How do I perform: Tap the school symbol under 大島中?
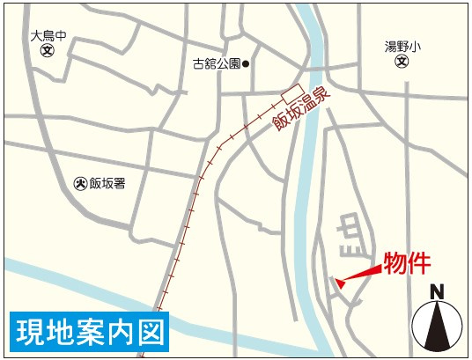pos(47,51)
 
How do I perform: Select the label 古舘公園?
pos(217,63)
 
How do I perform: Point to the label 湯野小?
pos(403,47)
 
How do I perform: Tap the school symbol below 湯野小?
pos(402,62)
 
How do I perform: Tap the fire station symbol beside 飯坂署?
pos(80,183)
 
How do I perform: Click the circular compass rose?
pos(438,327)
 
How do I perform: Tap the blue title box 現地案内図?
pos(90,331)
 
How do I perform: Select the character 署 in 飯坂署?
pos(120,183)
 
